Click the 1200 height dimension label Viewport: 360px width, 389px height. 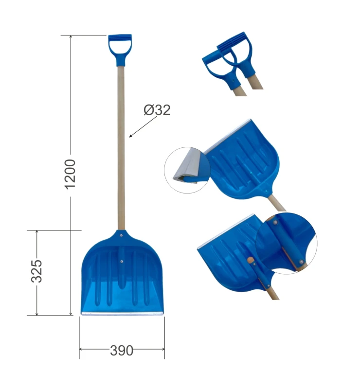tap(71, 174)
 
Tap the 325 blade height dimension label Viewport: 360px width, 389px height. tap(36, 271)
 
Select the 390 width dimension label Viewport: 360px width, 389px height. tap(122, 351)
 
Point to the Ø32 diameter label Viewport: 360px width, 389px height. tap(157, 110)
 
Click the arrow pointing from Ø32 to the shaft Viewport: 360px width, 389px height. tap(143, 126)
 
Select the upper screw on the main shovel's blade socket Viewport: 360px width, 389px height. tap(121, 235)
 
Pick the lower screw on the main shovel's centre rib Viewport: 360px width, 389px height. tap(122, 261)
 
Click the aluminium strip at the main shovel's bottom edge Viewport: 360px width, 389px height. tap(123, 314)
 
